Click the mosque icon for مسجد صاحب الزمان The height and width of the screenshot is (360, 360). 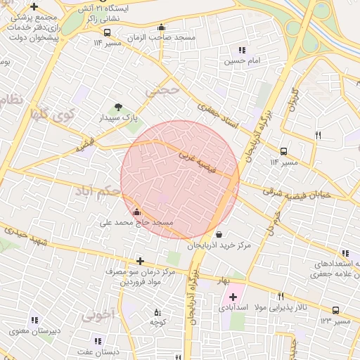(161, 27)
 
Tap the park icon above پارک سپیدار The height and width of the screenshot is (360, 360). (118, 107)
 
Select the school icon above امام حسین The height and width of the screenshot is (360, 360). (242, 50)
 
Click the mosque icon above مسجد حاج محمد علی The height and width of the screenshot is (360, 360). (136, 212)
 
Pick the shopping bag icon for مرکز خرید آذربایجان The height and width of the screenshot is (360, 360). (219, 234)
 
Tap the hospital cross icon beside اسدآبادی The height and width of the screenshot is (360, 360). (233, 297)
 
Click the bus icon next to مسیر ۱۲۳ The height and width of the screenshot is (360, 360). (336, 310)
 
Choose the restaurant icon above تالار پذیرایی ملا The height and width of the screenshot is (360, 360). (281, 296)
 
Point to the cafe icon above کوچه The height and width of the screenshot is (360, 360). (157, 311)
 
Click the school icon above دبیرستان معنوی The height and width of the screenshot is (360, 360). (34, 320)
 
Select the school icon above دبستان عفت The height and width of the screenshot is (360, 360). (98, 341)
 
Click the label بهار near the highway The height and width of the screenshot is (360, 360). (224, 281)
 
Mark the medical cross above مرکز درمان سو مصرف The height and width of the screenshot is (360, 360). (140, 261)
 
